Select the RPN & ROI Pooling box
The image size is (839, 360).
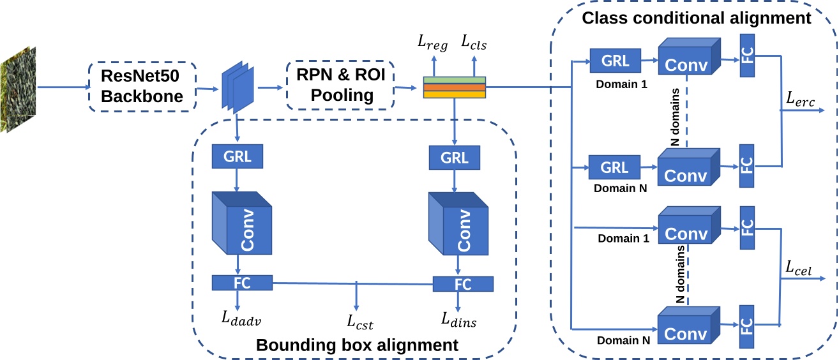point(341,87)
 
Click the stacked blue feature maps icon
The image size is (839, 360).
point(238,86)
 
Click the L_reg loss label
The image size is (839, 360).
point(433,43)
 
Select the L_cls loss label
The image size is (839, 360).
point(474,43)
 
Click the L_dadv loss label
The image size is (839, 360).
point(239,319)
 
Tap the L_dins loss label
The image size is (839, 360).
point(458,319)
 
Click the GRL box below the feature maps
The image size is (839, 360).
point(238,156)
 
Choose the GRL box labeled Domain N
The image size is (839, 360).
point(616,167)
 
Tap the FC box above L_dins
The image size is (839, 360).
point(463,283)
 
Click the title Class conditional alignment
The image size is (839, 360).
point(696,18)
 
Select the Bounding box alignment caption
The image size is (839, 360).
point(357,346)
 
